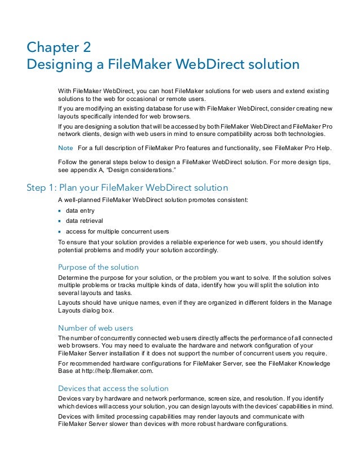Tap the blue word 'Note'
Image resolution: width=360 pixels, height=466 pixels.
pyautogui.click(x=65, y=147)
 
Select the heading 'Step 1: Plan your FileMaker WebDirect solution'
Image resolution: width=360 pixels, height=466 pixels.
pyautogui.click(x=128, y=187)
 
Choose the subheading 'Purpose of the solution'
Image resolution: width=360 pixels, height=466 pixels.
pyautogui.click(x=98, y=267)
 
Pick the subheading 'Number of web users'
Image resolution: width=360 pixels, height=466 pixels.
pyautogui.click(x=95, y=328)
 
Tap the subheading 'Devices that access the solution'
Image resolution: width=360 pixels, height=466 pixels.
pyautogui.click(x=113, y=388)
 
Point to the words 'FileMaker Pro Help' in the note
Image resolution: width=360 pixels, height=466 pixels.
pyautogui.click(x=304, y=147)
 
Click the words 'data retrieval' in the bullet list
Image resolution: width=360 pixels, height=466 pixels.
pyautogui.click(x=85, y=221)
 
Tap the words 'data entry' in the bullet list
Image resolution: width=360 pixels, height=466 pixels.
pyautogui.click(x=81, y=210)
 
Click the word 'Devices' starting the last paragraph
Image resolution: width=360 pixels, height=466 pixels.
pyautogui.click(x=71, y=417)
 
